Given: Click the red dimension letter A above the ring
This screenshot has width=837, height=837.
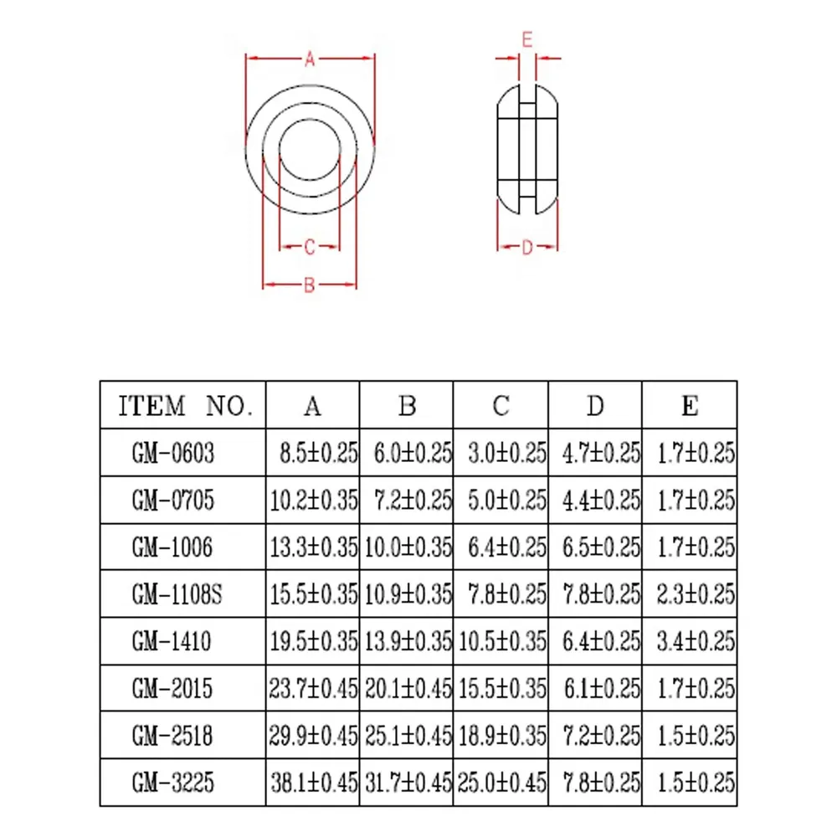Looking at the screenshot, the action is pyautogui.click(x=310, y=59).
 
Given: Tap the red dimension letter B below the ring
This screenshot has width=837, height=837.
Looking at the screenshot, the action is pyautogui.click(x=309, y=285).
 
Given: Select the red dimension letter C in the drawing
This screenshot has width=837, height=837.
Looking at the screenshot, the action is pyautogui.click(x=309, y=247).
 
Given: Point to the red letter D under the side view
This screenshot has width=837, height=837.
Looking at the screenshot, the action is pyautogui.click(x=527, y=247).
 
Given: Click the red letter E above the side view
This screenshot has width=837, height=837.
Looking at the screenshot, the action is pyautogui.click(x=526, y=40).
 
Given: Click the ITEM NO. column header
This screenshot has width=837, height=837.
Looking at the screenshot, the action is pyautogui.click(x=185, y=406).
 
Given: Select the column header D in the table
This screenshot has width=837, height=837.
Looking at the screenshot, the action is pyautogui.click(x=595, y=406).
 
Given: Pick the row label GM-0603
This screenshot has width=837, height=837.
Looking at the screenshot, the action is pyautogui.click(x=173, y=453).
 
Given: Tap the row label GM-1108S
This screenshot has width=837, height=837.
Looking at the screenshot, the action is pyautogui.click(x=177, y=594).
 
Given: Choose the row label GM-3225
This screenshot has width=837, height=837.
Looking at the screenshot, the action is pyautogui.click(x=173, y=783).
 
